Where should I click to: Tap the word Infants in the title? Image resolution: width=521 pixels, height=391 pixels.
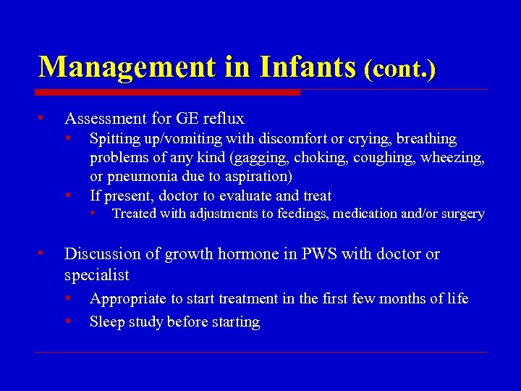point(308,67)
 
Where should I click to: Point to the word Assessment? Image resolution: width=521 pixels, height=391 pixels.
point(107,118)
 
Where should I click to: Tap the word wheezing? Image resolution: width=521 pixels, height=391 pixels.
point(452,158)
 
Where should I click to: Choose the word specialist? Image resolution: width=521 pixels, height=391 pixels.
point(96,275)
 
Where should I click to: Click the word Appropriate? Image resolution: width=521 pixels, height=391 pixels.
point(128,299)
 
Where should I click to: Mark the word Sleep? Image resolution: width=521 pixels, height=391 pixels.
point(106,322)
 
